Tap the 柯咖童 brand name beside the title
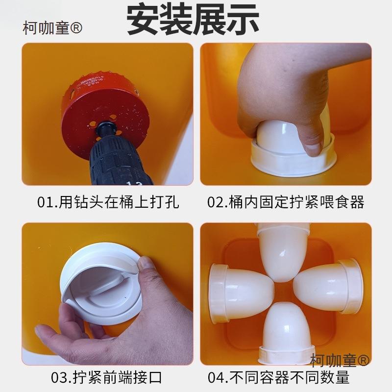(x=52, y=28)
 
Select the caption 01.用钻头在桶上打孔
(x=108, y=202)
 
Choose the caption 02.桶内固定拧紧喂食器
(x=286, y=202)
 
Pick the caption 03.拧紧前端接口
(x=106, y=377)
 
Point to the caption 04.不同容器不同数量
(x=278, y=377)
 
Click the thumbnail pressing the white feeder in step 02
(x=313, y=148)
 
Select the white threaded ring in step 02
(x=294, y=160)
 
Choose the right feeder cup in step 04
(x=328, y=286)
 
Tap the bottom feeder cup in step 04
(x=286, y=333)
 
